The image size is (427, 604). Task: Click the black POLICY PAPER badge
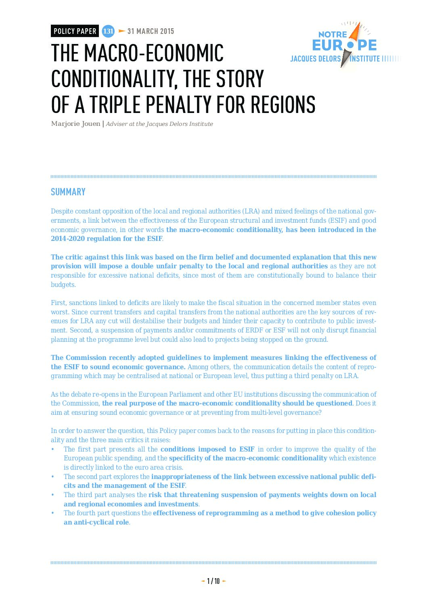(75, 31)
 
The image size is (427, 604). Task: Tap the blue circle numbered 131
(108, 31)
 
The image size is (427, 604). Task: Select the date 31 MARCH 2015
(151, 31)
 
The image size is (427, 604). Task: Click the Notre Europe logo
(344, 44)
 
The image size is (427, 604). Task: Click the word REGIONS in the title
(283, 104)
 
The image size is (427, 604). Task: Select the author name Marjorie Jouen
(75, 124)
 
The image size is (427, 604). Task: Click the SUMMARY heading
(68, 192)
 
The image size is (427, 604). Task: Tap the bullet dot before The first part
(52, 449)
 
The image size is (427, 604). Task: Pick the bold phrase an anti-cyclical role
(96, 522)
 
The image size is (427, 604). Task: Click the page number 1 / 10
(213, 581)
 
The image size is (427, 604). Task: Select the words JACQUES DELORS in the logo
(315, 59)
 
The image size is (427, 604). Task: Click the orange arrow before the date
(121, 31)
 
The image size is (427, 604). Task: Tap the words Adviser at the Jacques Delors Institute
(159, 124)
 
